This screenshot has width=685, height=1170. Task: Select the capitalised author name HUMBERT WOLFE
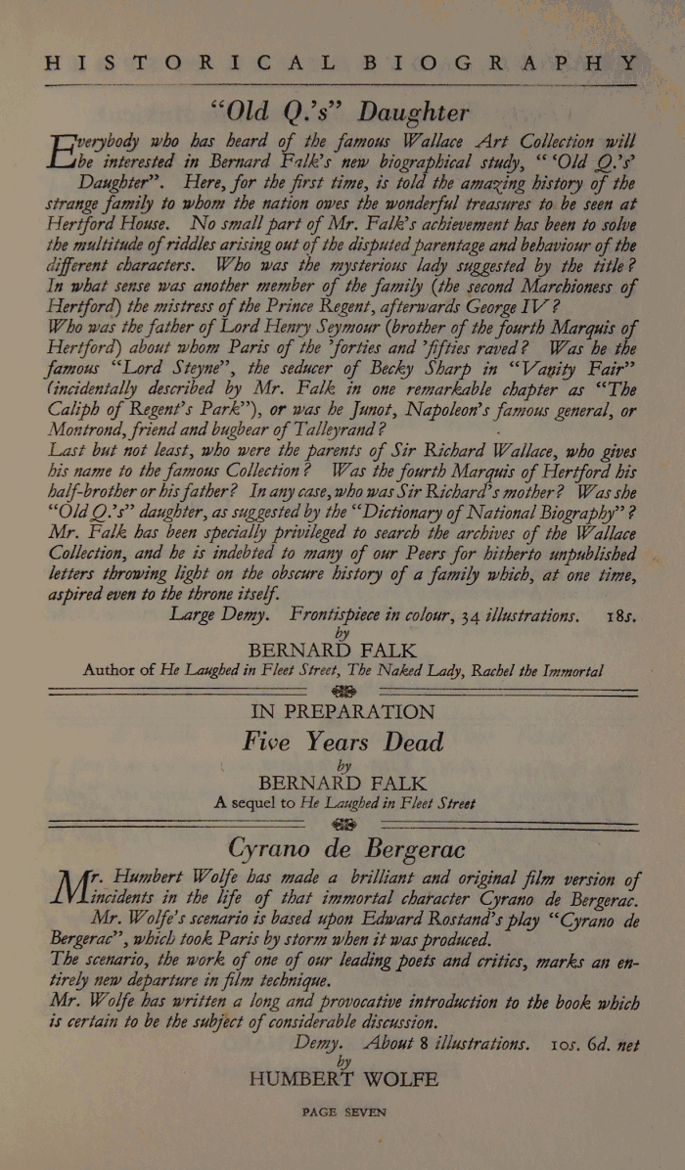click(x=343, y=1080)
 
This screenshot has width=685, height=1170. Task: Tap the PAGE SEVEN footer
click(x=344, y=1112)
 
